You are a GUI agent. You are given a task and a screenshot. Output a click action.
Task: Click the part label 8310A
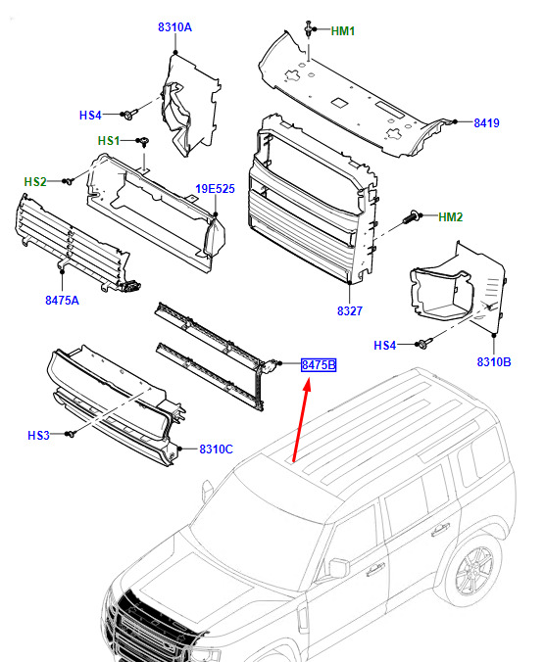174,27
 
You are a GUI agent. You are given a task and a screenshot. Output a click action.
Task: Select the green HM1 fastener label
343,31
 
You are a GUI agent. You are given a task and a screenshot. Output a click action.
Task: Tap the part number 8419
486,122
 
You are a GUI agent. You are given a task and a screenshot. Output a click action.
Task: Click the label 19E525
215,189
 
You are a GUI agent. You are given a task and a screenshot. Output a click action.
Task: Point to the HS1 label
109,141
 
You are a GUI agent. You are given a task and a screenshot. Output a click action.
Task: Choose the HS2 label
35,182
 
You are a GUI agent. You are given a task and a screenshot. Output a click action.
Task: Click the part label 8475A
62,301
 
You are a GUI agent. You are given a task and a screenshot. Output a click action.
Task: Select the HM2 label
450,217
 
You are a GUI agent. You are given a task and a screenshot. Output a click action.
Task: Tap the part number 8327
349,311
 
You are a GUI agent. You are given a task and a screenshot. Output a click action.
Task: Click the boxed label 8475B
319,364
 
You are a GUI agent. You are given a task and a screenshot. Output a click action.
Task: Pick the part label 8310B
493,361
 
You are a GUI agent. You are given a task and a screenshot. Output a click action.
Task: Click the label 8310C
216,449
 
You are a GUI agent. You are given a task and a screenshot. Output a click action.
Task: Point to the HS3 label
38,435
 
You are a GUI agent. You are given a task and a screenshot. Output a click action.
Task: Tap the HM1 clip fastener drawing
309,28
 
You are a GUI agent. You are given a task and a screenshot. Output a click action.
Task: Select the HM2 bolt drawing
412,218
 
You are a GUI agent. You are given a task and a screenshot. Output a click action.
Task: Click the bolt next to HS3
71,434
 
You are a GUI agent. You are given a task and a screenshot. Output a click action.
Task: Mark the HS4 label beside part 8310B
384,346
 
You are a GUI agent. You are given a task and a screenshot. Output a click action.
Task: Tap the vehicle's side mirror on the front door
339,568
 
